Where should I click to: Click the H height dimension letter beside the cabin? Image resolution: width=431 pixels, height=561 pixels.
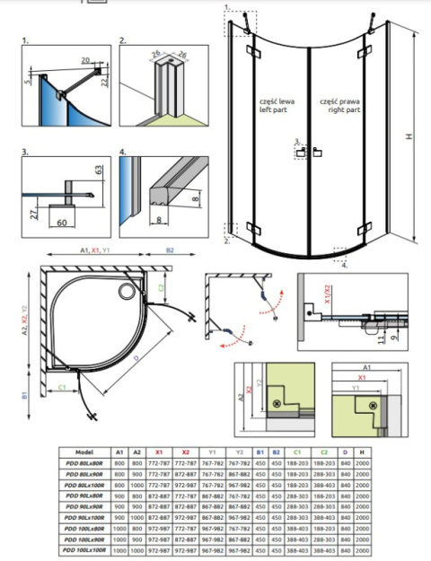pyautogui.click(x=409, y=137)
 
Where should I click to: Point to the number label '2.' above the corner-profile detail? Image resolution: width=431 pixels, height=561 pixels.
pyautogui.click(x=123, y=41)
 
